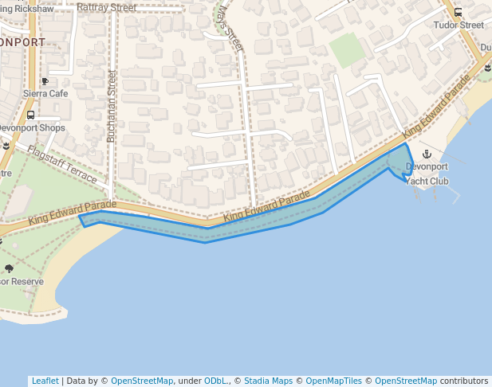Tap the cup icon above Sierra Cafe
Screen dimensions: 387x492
[x=45, y=81]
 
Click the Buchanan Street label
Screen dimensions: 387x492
[x=112, y=106]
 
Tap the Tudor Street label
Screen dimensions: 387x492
[x=459, y=25]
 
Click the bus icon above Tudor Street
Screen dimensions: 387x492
[x=458, y=12]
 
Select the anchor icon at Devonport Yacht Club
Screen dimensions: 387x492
[x=426, y=154]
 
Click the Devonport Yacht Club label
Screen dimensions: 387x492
[x=427, y=174]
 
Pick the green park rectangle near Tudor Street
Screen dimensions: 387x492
[x=347, y=50]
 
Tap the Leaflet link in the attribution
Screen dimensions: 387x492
[x=45, y=381]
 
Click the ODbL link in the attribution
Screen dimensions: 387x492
[x=215, y=381]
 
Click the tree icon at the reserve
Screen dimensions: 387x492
[x=9, y=268]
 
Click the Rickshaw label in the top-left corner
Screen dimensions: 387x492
[x=30, y=8]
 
